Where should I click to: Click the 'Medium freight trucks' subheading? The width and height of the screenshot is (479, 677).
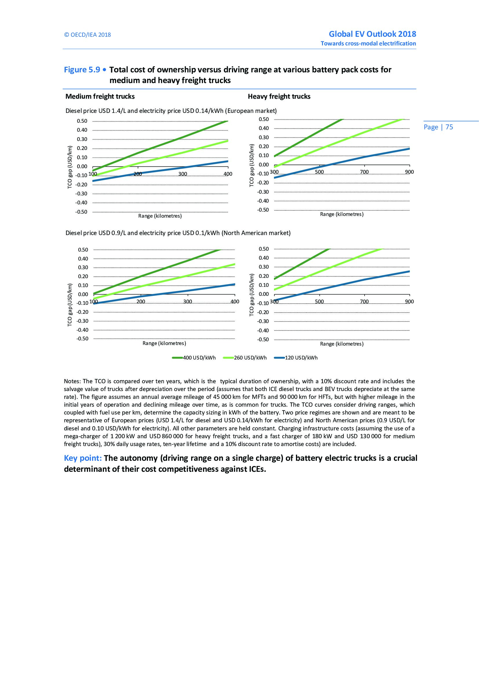(100, 96)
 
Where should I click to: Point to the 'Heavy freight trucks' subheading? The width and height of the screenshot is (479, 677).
(279, 96)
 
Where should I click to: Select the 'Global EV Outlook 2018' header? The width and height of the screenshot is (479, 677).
(372, 34)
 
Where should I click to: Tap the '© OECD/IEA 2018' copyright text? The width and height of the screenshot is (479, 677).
(87, 35)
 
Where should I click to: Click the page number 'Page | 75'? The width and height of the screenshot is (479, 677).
(438, 127)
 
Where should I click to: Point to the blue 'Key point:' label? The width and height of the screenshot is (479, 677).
(83, 458)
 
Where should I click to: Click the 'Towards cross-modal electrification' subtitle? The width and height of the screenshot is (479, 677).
(368, 44)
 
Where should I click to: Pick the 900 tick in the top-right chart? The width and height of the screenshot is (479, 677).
(409, 172)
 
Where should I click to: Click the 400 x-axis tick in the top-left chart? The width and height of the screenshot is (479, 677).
(228, 174)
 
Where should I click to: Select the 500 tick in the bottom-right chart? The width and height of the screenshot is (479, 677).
(319, 302)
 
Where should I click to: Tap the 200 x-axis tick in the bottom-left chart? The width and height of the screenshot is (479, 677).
(141, 302)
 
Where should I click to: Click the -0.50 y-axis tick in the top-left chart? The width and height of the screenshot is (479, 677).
(81, 212)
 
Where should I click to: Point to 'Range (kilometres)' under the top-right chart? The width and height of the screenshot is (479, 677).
(341, 214)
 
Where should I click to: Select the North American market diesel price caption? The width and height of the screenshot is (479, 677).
(178, 233)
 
